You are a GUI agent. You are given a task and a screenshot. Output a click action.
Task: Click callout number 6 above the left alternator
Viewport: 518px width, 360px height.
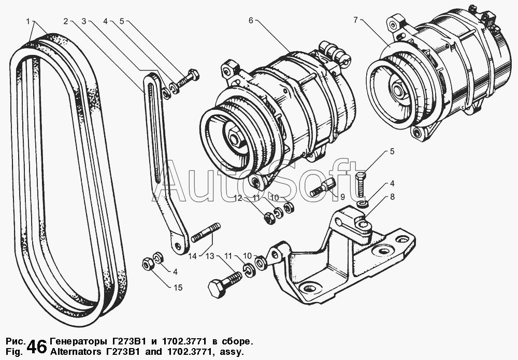[251, 21]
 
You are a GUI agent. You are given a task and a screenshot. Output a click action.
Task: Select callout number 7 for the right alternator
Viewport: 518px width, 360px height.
[356, 21]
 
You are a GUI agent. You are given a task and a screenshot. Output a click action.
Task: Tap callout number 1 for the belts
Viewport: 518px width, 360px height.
[27, 21]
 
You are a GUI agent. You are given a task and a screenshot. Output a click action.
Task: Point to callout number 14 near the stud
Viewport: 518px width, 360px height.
[193, 256]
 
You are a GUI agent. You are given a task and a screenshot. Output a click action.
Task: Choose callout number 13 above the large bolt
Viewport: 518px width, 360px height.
[209, 256]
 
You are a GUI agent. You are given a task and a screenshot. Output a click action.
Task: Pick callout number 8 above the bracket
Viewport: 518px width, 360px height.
[392, 197]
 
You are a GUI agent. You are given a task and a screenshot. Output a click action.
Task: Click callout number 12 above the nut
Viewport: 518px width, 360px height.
[237, 198]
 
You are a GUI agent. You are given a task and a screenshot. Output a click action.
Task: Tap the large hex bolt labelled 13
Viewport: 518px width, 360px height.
[223, 284]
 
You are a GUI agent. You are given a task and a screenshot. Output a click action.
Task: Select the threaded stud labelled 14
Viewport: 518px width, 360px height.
[206, 233]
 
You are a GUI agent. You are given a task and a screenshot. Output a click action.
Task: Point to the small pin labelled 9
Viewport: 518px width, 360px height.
[321, 187]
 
